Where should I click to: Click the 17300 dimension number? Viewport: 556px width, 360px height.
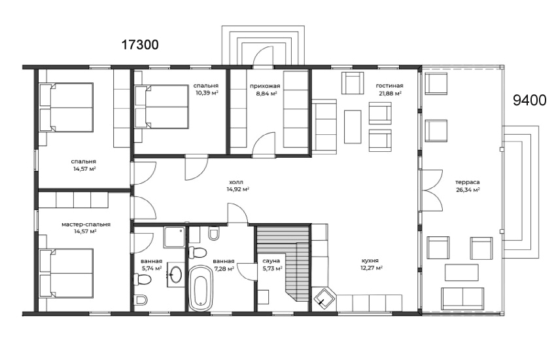coord(140,45)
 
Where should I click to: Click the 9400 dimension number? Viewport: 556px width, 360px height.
coord(530,101)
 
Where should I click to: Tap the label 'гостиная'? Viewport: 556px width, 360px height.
coord(389,86)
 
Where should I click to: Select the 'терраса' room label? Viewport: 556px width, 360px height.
coord(468,183)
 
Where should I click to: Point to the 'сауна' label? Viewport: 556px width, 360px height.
coord(271,261)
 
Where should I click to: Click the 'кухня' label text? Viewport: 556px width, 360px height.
coord(370,261)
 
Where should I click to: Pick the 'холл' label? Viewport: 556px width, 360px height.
coord(237,182)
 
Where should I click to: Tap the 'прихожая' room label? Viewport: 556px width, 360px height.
coord(265,86)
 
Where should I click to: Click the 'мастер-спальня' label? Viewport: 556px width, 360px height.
coord(86,225)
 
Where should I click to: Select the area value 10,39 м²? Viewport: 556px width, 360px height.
coord(207,93)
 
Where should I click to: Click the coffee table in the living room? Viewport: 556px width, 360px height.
coord(353,126)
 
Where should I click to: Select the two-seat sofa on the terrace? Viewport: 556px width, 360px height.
coord(462,298)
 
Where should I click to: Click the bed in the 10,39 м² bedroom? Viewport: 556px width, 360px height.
coord(161,106)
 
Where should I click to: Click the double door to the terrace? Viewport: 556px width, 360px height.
coord(432,190)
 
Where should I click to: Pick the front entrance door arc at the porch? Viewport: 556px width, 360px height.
coord(263,57)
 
